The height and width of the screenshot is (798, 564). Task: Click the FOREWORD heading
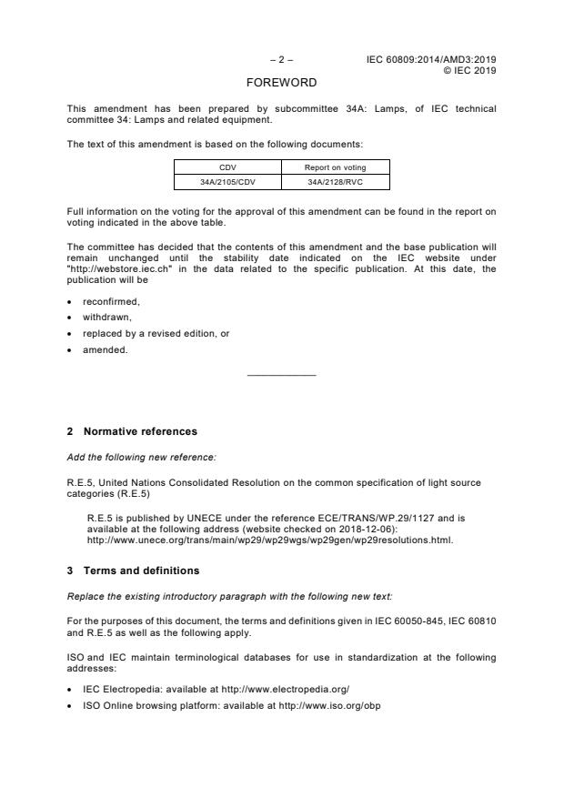[x=281, y=83]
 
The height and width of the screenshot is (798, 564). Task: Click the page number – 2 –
[x=281, y=60]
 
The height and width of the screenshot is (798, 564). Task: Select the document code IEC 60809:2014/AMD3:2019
[x=431, y=60]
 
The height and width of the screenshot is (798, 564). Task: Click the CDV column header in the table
[x=227, y=167]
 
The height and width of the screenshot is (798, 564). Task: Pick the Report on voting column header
[x=335, y=167]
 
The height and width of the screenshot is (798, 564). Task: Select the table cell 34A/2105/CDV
[x=227, y=182]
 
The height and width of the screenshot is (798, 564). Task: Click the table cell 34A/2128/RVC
[x=335, y=182]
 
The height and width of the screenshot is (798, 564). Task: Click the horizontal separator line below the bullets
[x=281, y=375]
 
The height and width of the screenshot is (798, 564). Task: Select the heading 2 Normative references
[x=140, y=431]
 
